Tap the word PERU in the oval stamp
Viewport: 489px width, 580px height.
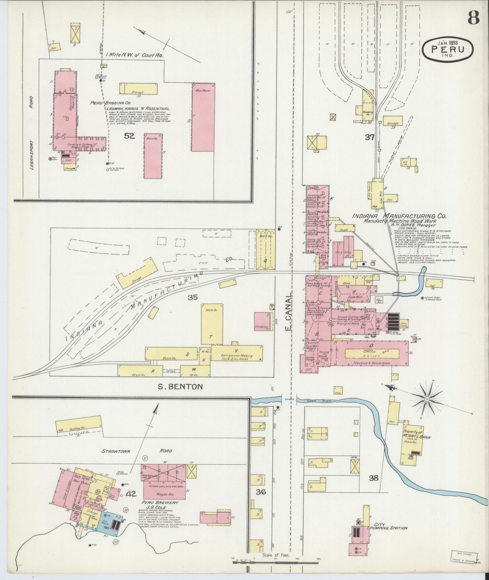447,49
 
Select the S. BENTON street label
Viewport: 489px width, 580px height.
181,386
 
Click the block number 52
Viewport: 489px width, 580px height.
129,136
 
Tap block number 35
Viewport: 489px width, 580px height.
193,297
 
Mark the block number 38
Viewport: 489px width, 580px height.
374,478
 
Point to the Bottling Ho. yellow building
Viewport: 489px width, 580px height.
79,423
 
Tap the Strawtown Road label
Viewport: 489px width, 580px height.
137,451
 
